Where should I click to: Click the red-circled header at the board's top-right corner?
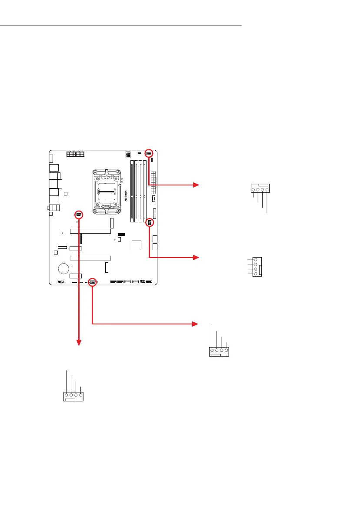pyautogui.click(x=149, y=153)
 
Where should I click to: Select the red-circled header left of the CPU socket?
pyautogui.click(x=79, y=215)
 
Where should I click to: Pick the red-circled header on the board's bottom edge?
pyautogui.click(x=93, y=282)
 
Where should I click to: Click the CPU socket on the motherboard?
pyautogui.click(x=107, y=191)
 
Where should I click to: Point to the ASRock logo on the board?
pyautogui.click(x=126, y=198)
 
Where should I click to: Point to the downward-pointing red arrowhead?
pyautogui.click(x=79, y=343)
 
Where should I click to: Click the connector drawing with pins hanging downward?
pyautogui.click(x=260, y=189)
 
